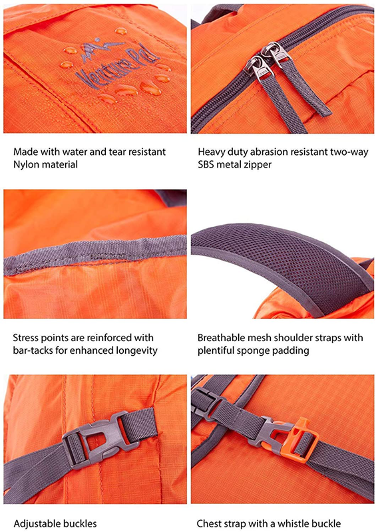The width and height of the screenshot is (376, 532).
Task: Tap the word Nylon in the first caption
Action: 24,165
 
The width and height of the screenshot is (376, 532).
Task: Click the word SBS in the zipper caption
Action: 206,164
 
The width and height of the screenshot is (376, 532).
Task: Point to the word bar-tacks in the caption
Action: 33,350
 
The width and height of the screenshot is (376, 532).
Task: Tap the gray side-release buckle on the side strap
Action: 98,441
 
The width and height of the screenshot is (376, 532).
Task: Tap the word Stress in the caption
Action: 25,338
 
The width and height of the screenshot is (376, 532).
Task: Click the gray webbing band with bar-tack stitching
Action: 95,254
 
